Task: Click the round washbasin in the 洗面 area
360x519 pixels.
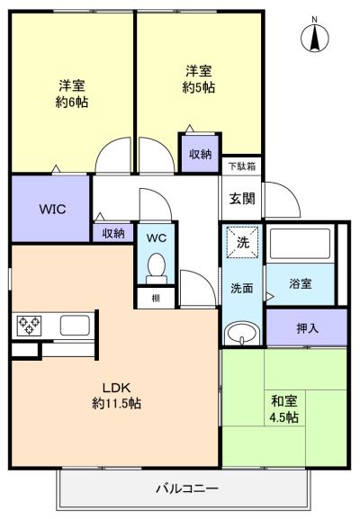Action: click(x=240, y=334)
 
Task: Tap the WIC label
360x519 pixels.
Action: click(x=50, y=209)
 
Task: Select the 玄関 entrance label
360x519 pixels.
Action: click(x=240, y=199)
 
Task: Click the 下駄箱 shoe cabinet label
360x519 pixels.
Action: click(x=240, y=166)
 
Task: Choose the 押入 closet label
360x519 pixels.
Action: click(x=307, y=328)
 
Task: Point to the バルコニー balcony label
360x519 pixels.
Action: click(x=186, y=488)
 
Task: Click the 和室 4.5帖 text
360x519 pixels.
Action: click(x=285, y=410)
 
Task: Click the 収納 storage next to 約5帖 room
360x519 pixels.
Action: click(x=200, y=154)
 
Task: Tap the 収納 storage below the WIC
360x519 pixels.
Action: click(x=112, y=233)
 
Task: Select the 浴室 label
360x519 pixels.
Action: click(x=300, y=283)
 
